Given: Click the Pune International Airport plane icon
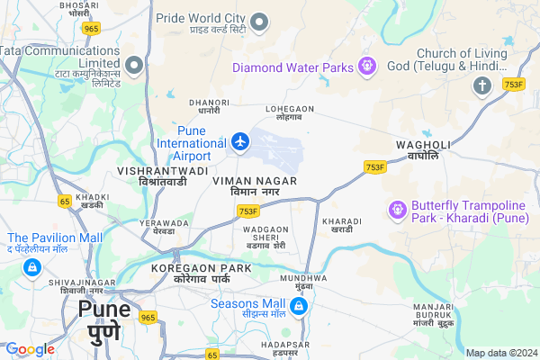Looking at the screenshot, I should (x=240, y=141).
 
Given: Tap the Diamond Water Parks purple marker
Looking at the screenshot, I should (x=366, y=67).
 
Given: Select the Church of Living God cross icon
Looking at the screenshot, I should (x=482, y=85).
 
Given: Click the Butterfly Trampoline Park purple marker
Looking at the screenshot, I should (x=396, y=210).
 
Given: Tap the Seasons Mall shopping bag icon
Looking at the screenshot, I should (x=300, y=307).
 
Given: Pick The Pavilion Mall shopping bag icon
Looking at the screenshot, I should (x=31, y=267).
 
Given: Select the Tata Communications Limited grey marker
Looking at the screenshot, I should (x=135, y=65).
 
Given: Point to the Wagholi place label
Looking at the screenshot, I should (x=418, y=150).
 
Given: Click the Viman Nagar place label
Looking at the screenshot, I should (x=255, y=187).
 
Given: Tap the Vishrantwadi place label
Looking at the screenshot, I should (x=163, y=175).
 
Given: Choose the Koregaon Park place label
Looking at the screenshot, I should (x=201, y=274).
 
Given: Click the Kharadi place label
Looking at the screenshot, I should (x=341, y=225).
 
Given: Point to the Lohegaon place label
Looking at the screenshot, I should (x=289, y=112).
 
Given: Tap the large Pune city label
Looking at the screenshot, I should (x=103, y=322).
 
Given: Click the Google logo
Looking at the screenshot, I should (x=30, y=349).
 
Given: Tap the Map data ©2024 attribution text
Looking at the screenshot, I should (x=500, y=352).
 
